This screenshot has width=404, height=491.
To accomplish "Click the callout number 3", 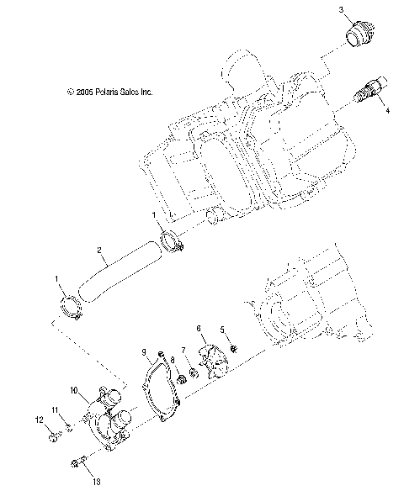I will (x=342, y=9).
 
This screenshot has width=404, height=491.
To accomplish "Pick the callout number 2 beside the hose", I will (x=99, y=250).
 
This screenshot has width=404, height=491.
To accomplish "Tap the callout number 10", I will (x=73, y=390).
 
